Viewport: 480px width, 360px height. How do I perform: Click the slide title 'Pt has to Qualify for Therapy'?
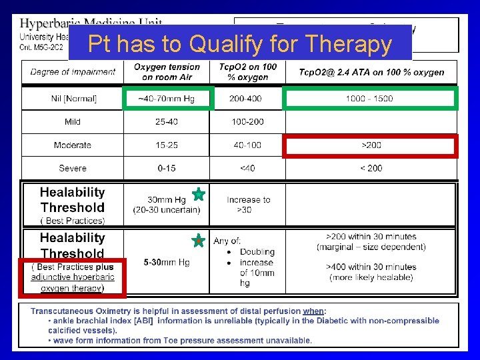pyautogui.click(x=240, y=44)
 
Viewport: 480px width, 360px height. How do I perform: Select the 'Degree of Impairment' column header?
pyautogui.click(x=73, y=72)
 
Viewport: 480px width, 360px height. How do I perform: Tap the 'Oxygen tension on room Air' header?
pyautogui.click(x=167, y=72)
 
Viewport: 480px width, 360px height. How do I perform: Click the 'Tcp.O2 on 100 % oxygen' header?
pyautogui.click(x=247, y=72)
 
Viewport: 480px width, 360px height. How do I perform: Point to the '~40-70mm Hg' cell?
pyautogui.click(x=167, y=99)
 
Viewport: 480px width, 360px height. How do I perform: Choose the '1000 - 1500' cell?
pyautogui.click(x=369, y=99)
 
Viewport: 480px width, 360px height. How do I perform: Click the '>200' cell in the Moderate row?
pyautogui.click(x=371, y=145)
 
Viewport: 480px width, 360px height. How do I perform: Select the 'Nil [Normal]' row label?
pyautogui.click(x=73, y=99)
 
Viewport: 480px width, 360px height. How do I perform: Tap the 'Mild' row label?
pyautogui.click(x=73, y=122)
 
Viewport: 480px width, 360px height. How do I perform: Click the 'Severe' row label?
pyautogui.click(x=73, y=168)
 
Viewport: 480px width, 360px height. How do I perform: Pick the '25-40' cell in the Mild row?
pyautogui.click(x=167, y=122)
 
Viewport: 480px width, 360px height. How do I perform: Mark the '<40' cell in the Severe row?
pyautogui.click(x=247, y=168)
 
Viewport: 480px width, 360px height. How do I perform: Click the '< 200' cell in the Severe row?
pyautogui.click(x=371, y=168)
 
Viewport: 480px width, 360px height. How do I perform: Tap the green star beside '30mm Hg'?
pyautogui.click(x=198, y=195)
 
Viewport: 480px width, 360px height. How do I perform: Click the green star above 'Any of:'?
pyautogui.click(x=198, y=240)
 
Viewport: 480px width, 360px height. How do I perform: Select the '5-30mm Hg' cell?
pyautogui.click(x=167, y=263)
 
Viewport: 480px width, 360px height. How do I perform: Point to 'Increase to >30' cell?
pyautogui.click(x=248, y=205)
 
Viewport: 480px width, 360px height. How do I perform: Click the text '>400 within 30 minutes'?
pyautogui.click(x=371, y=267)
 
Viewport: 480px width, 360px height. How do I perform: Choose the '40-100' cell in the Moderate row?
pyautogui.click(x=247, y=145)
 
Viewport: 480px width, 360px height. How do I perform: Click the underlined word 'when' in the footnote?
pyautogui.click(x=313, y=311)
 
